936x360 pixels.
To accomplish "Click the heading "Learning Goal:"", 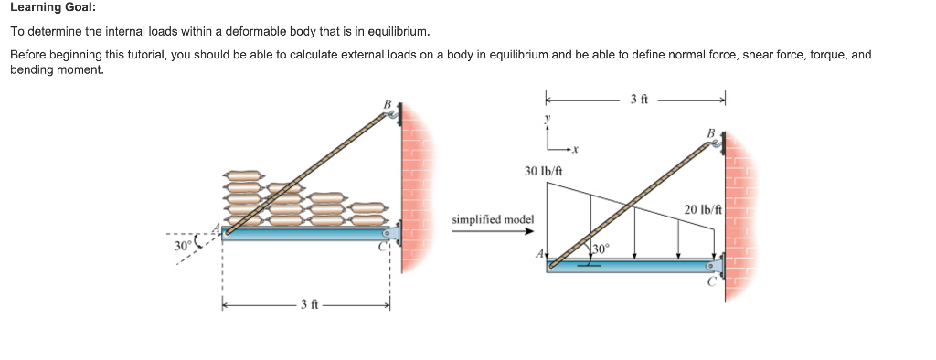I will (52, 8).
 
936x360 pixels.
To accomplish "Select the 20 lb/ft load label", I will (702, 210).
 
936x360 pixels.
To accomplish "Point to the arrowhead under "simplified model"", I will (528, 231).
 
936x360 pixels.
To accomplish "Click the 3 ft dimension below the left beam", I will (307, 304).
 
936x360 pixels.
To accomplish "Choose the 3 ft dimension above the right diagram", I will (639, 99).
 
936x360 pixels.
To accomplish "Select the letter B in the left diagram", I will (387, 104).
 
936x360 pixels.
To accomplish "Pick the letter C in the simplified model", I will (710, 283).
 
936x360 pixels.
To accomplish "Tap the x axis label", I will (578, 149).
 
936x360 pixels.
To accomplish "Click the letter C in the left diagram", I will (384, 244).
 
